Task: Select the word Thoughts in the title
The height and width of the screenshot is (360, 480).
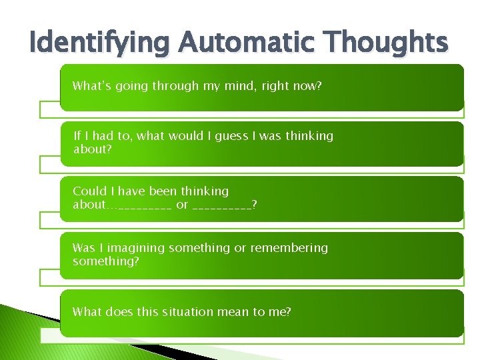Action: (384, 43)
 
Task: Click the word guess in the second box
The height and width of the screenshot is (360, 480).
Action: (229, 136)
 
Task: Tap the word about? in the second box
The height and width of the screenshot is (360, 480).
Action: (93, 149)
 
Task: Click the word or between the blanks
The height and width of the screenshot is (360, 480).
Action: (182, 205)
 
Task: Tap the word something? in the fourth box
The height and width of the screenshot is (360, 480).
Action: (106, 261)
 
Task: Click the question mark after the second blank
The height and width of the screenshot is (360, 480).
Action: (255, 205)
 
